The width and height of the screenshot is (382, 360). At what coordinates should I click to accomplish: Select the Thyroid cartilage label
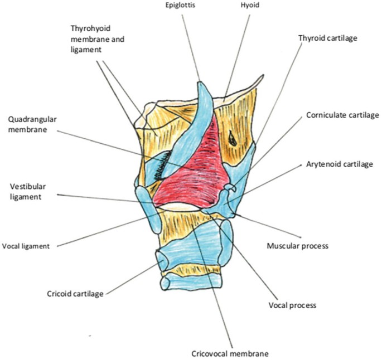pyautogui.click(x=327, y=38)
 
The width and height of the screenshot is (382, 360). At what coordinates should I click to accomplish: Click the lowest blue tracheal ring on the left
pyautogui.click(x=166, y=283)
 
